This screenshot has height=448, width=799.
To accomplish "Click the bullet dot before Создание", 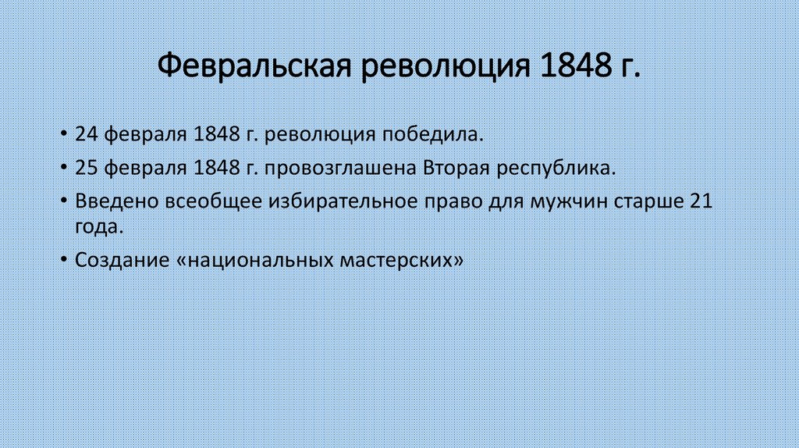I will pos(62,261).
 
